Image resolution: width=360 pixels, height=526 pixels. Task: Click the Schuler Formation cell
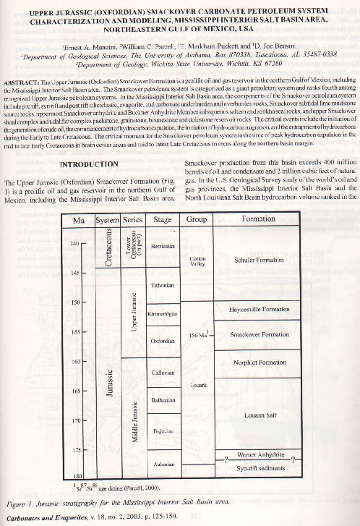tap(259, 260)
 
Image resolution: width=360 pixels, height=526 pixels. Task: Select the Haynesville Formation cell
tap(259, 310)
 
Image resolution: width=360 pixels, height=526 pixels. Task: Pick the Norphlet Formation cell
tap(259, 362)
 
